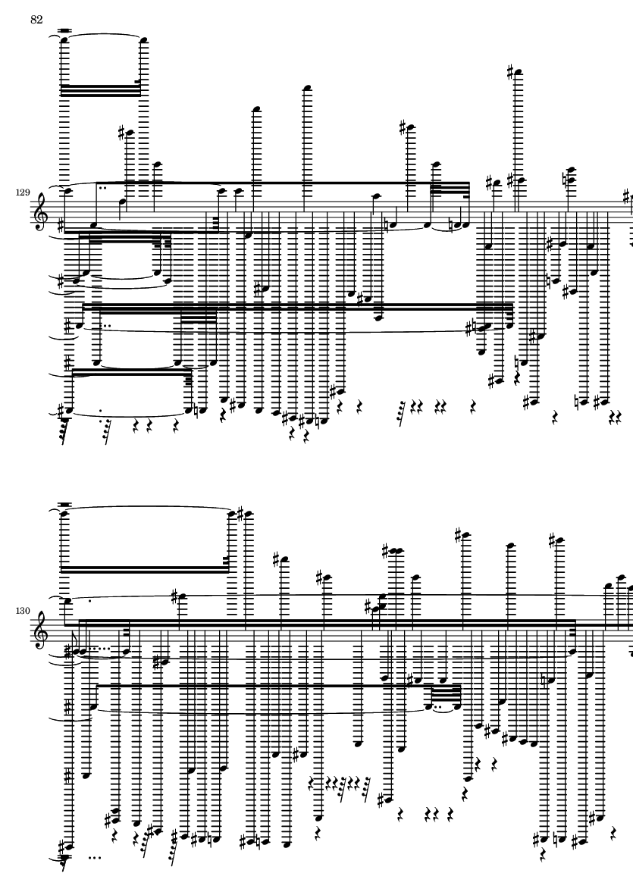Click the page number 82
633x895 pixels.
[x=36, y=20]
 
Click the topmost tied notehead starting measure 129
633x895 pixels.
[x=64, y=39]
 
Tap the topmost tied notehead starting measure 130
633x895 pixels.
[x=64, y=514]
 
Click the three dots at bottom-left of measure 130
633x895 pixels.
[x=95, y=858]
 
